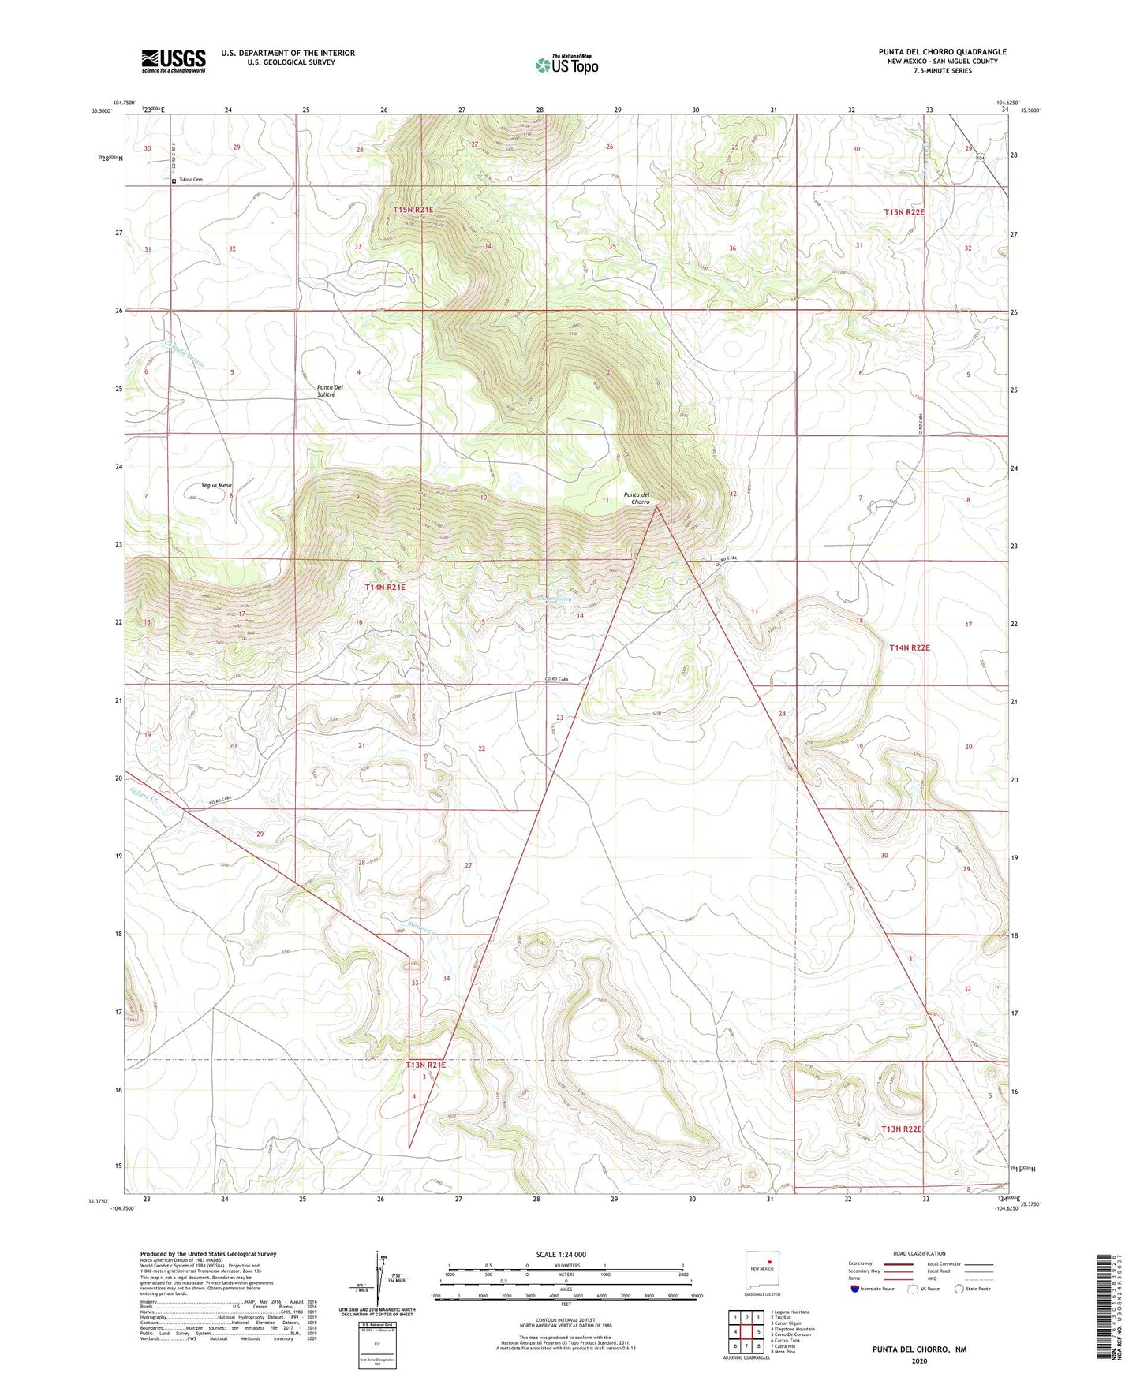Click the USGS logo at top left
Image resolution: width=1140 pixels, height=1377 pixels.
pyautogui.click(x=174, y=61)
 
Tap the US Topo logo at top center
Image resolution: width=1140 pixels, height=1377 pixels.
pyautogui.click(x=566, y=65)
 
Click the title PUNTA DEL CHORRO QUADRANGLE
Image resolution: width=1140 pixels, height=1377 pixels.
pyautogui.click(x=942, y=52)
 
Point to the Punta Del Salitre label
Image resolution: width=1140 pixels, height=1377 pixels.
pyautogui.click(x=330, y=390)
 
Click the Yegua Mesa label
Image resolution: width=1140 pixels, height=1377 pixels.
pyautogui.click(x=216, y=486)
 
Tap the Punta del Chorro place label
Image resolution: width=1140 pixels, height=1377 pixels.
pyautogui.click(x=636, y=498)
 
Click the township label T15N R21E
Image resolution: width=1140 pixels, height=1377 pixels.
pyautogui.click(x=413, y=210)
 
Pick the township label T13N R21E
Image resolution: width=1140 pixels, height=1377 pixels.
pyautogui.click(x=425, y=1065)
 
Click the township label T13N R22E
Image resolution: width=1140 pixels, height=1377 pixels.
pyautogui.click(x=901, y=1129)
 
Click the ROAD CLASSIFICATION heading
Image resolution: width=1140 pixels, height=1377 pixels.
pyautogui.click(x=919, y=1253)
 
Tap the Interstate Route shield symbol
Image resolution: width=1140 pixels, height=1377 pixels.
pyautogui.click(x=856, y=1289)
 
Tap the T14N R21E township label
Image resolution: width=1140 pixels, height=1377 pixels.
pyautogui.click(x=385, y=588)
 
